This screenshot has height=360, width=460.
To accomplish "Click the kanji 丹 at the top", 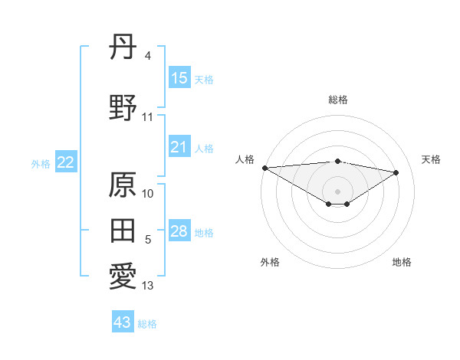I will pos(123,50).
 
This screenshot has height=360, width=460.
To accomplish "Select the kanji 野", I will pos(123,110).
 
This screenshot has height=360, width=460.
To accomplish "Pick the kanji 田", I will pos(123,231).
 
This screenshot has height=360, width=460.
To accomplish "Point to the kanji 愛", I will pos(123,277).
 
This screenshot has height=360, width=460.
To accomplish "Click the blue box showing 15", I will pos(179,78).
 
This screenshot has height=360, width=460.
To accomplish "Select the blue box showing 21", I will pos(179,147).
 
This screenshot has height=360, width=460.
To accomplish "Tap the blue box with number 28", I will pos(179,231).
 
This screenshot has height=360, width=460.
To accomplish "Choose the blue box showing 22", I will pos(66,162).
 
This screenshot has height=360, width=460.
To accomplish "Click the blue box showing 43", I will pos(123,322).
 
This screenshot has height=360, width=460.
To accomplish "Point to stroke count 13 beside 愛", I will pos(148,286).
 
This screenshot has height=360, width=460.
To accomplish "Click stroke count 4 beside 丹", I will pos(147,56).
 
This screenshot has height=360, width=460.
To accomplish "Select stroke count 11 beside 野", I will pos(148,117).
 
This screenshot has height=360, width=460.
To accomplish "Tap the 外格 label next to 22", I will pos(41,163).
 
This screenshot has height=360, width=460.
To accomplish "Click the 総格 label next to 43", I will pos(147,324).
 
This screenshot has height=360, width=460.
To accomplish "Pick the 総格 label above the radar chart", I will pos(338,100).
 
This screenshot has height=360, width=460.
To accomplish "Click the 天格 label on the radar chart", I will pos(431,159).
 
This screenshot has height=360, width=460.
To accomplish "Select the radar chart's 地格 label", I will pos(402,262).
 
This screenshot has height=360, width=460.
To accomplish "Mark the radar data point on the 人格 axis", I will pos(264,168).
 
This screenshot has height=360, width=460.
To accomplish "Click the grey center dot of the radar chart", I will pos(337,190).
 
